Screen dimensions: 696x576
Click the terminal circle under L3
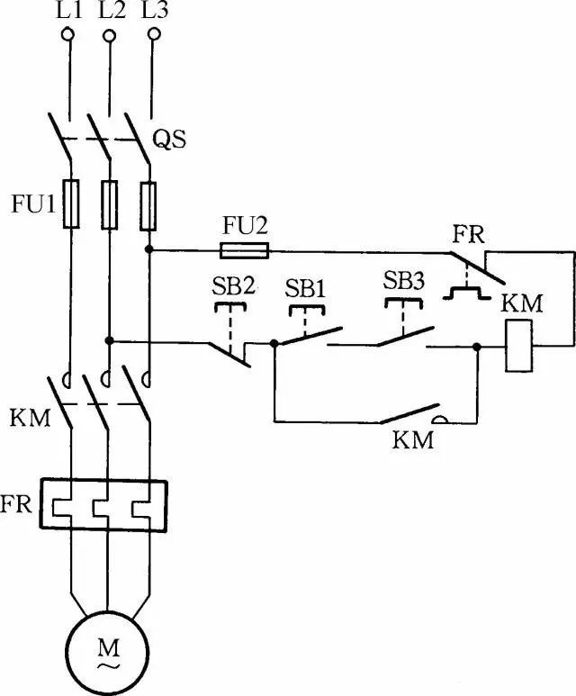click(x=154, y=34)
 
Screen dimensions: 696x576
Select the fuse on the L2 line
click(x=109, y=203)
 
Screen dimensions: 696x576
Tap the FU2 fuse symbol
click(x=244, y=250)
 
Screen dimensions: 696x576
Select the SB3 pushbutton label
click(x=403, y=280)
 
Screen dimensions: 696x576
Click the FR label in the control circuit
click(x=468, y=237)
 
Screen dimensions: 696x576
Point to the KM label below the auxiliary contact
click(x=413, y=441)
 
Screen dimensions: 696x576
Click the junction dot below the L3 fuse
click(x=151, y=249)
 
